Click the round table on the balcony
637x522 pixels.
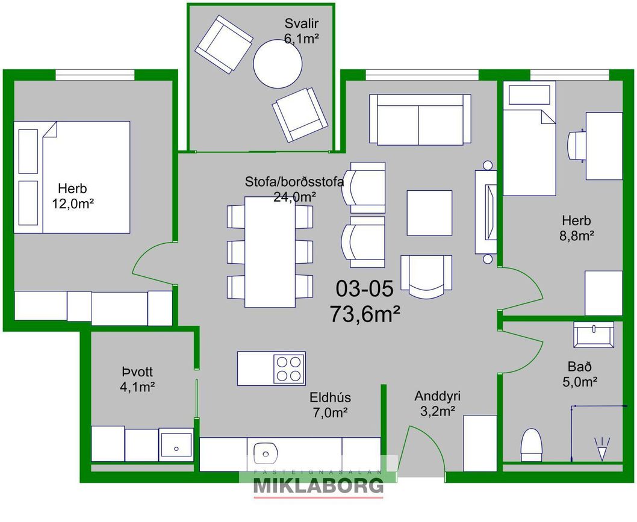[278, 63]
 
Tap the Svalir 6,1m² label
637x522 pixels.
[301, 31]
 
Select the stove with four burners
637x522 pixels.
[289, 369]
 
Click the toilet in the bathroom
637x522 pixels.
[532, 445]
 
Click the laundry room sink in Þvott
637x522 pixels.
[176, 444]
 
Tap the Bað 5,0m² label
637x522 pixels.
[580, 374]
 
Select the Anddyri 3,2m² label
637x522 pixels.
[438, 403]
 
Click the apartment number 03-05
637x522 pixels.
[364, 288]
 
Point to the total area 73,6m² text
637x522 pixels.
[365, 314]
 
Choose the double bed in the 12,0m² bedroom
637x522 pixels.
[72, 177]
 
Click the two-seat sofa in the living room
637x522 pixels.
[420, 119]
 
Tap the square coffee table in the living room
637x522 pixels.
[429, 213]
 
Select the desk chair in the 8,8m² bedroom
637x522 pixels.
[576, 146]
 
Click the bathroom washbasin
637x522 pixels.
[594, 335]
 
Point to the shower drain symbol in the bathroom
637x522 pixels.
[602, 449]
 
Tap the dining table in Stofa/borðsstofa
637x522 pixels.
[270, 252]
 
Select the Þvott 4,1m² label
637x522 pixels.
[137, 379]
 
